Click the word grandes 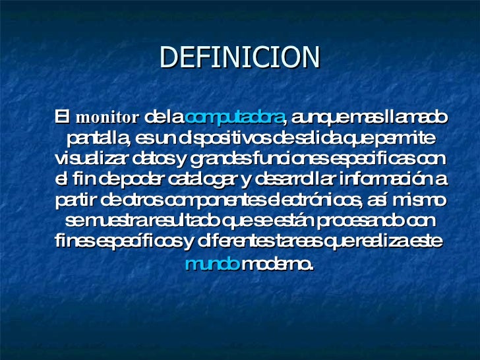(214, 159)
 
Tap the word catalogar (198, 179)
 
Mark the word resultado (181, 220)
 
